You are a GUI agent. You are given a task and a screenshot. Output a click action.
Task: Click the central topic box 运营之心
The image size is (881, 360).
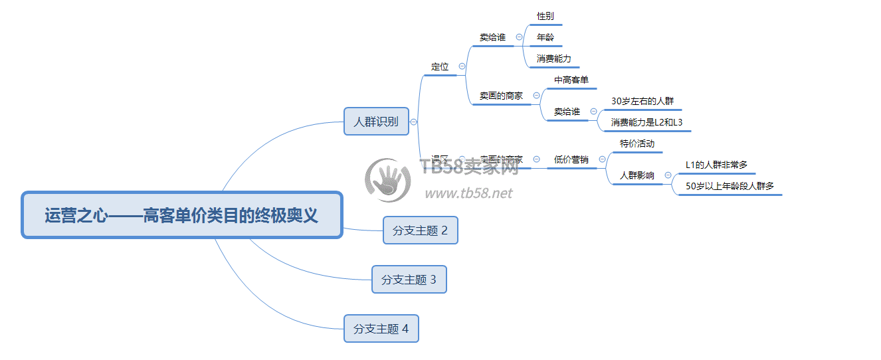point(181,215)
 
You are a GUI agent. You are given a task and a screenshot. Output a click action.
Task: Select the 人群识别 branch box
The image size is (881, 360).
point(376,121)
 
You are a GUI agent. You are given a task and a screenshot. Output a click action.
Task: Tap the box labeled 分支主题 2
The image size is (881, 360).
point(420,230)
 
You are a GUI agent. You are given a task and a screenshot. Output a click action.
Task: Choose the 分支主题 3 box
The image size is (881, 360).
point(409,280)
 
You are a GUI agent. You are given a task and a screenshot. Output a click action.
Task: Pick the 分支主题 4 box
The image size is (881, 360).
point(381,329)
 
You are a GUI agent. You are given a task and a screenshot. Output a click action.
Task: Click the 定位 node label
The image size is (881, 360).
point(440,66)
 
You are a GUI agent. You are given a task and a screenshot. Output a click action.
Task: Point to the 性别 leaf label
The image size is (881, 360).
point(545,16)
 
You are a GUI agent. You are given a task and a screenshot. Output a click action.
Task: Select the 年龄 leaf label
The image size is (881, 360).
point(545,37)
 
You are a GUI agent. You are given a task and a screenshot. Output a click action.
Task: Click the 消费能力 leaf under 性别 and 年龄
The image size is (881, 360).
point(553,58)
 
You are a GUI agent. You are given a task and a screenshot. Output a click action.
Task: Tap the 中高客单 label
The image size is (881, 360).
point(571,80)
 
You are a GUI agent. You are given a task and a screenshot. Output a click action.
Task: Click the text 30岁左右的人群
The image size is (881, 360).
point(642,101)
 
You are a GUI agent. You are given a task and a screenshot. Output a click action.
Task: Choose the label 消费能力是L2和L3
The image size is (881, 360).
point(646,122)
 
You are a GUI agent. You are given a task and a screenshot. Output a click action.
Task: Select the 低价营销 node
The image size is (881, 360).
point(571,159)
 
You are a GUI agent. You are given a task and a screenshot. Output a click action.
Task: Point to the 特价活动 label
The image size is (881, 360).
point(636,143)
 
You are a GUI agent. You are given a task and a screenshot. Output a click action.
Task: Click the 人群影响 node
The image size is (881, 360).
point(636,175)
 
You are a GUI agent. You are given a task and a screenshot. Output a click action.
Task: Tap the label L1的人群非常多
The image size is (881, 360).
point(716,165)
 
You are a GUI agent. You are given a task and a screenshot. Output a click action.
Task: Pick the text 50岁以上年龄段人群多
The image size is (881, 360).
point(730,186)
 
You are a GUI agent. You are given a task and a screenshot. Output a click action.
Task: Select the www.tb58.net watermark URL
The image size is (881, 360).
point(468,193)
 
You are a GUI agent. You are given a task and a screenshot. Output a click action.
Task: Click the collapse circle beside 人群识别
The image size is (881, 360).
point(414,122)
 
